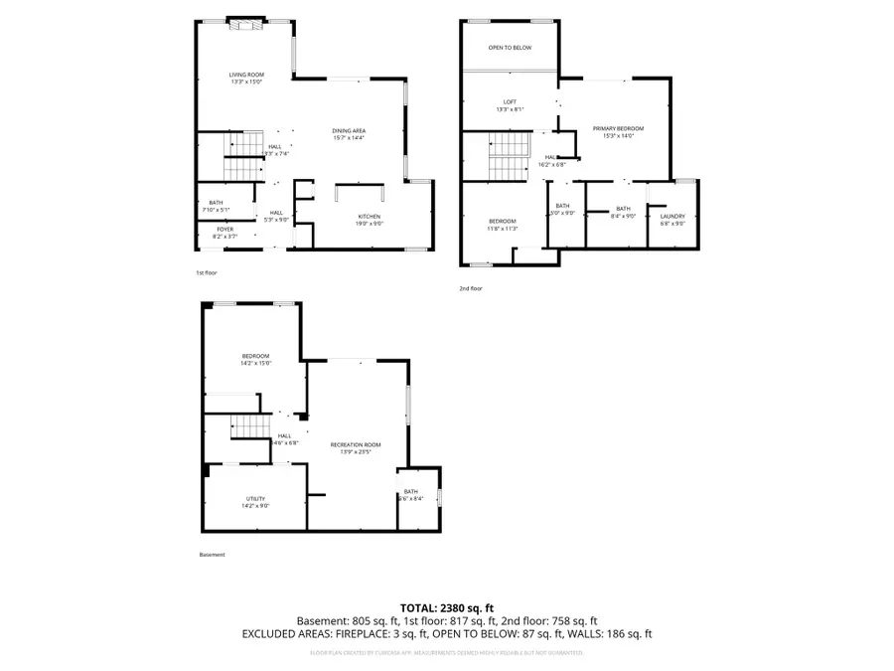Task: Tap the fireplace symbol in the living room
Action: (x=245, y=26)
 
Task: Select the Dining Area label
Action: (x=349, y=133)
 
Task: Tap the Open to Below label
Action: (x=510, y=48)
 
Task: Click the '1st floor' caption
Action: (x=207, y=272)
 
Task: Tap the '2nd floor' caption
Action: (x=470, y=288)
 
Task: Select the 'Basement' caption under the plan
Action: (x=213, y=555)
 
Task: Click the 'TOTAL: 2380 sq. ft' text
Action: (x=446, y=607)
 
